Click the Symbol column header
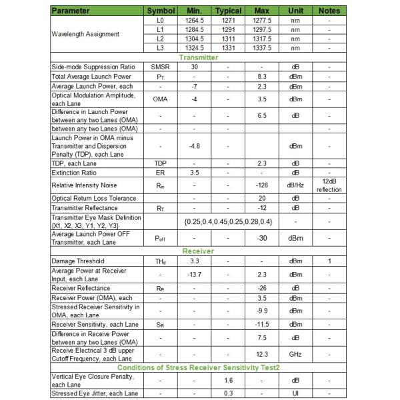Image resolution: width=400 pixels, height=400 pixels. [x=161, y=11]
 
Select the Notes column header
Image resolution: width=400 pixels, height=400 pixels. [x=329, y=11]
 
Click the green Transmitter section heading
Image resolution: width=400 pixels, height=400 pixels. [x=199, y=58]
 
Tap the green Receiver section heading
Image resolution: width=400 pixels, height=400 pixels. [x=199, y=251]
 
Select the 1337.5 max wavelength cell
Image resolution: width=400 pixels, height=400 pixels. [x=262, y=49]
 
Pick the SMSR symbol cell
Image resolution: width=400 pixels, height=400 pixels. [x=161, y=67]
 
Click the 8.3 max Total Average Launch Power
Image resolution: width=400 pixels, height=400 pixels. [x=262, y=77]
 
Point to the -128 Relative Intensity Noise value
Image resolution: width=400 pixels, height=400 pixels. [x=262, y=185]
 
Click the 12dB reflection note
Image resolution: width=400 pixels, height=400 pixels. [x=329, y=185]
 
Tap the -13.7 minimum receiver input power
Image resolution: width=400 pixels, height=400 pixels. [x=194, y=274]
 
